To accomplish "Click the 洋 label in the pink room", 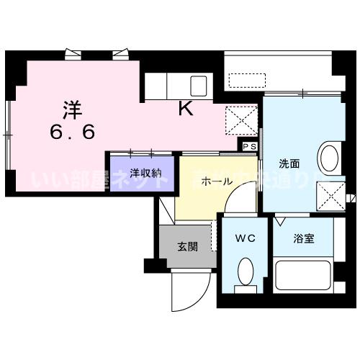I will click(71, 110).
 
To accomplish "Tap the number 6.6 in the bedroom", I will click(71, 132).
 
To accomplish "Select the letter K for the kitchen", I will click(185, 110).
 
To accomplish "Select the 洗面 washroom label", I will click(290, 162).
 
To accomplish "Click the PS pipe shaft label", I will click(249, 147).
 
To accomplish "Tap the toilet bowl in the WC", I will click(244, 273).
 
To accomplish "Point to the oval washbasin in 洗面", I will click(329, 161).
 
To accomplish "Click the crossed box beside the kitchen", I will click(241, 120).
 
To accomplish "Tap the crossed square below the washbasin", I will click(331, 192).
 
